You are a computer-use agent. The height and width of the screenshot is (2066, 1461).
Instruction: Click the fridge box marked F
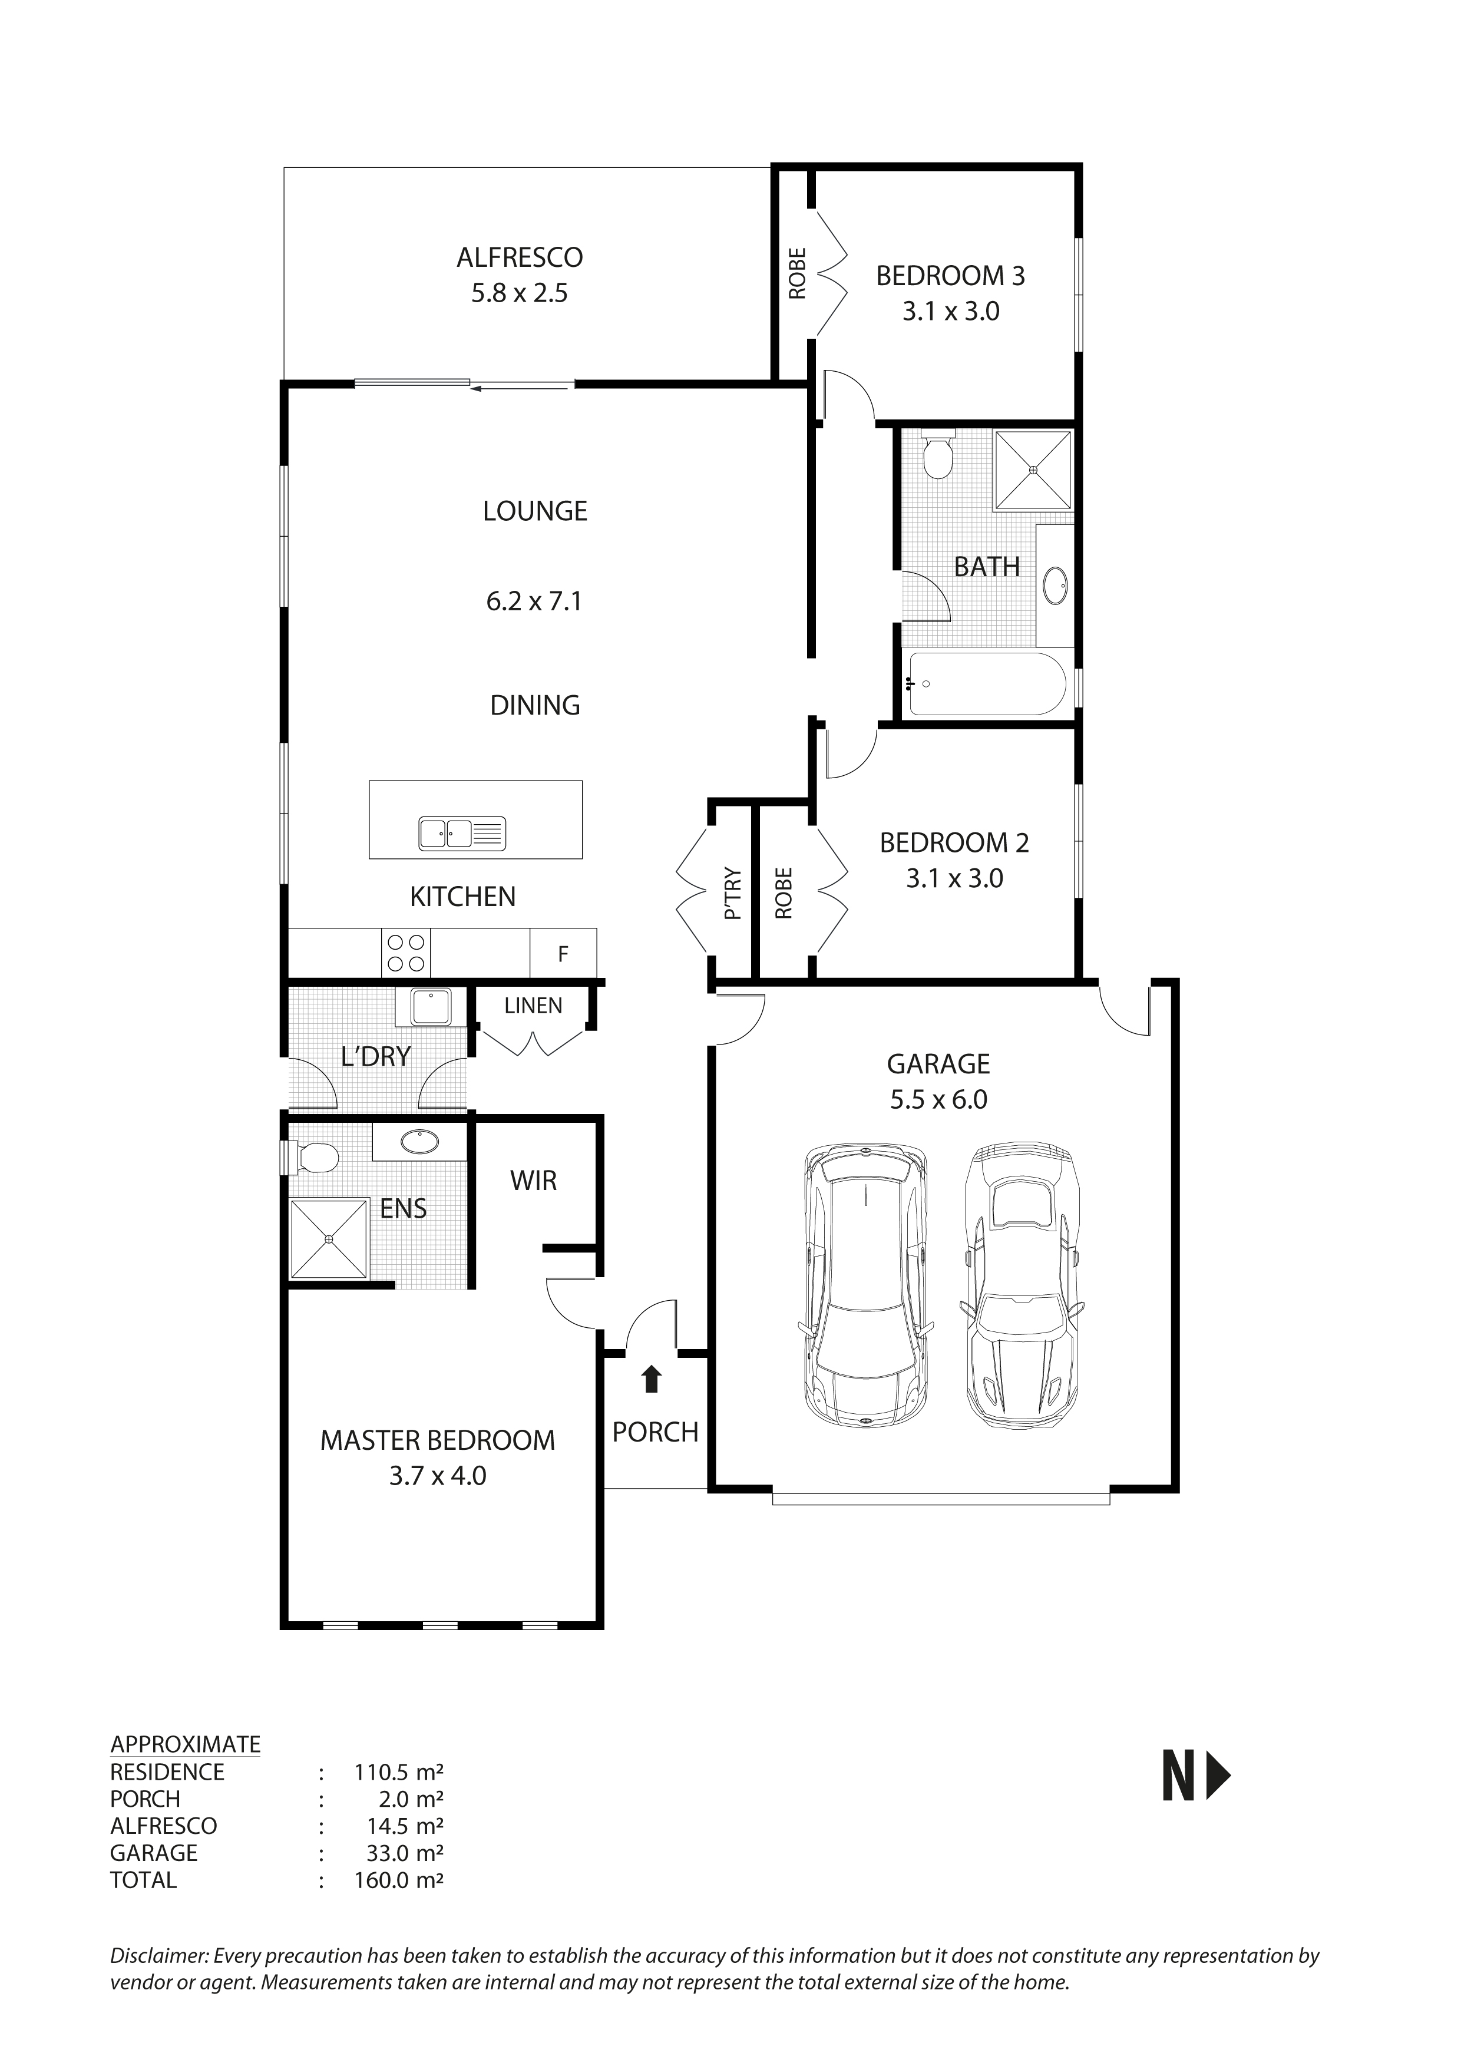click(563, 954)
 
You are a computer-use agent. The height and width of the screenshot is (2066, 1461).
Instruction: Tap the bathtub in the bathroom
click(987, 685)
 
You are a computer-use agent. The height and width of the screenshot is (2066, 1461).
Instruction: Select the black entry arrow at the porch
click(652, 1380)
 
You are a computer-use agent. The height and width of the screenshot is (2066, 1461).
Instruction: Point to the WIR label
click(534, 1181)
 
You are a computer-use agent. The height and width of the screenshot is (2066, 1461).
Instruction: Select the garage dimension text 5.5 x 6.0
click(938, 1100)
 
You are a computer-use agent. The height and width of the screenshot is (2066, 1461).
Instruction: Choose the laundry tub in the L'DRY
click(431, 1007)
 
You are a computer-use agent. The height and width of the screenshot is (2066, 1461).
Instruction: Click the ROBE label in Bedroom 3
click(797, 273)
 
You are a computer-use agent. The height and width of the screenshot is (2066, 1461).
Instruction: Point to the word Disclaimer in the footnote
click(158, 1955)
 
